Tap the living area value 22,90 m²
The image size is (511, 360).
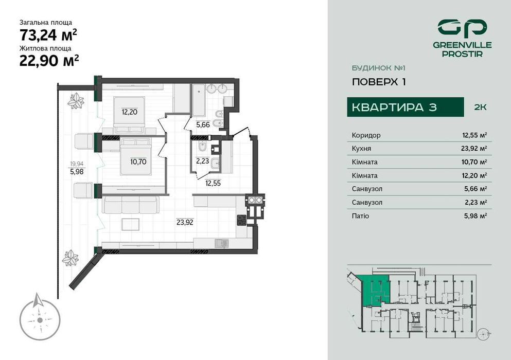48,61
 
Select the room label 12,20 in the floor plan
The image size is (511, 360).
129,111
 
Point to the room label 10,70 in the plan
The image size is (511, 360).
138,161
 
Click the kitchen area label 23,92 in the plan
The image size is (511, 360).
185,222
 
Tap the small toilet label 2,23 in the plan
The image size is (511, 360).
203,160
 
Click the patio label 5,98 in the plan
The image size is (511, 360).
77,172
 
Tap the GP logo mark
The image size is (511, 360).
461,27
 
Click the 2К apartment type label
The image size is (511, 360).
480,107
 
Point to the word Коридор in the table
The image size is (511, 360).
366,135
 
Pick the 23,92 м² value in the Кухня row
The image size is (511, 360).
474,149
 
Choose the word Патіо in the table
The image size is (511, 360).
360,216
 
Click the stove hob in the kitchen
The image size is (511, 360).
241,220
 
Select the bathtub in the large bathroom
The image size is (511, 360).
199,99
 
